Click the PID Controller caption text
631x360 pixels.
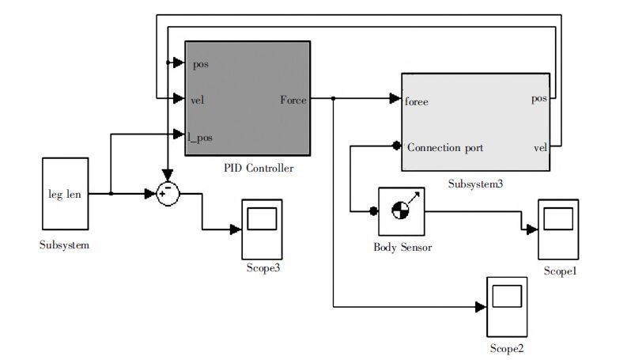tap(259, 168)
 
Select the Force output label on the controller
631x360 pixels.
tap(293, 100)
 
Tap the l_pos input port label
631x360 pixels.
tap(200, 137)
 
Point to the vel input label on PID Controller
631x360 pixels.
tap(198, 100)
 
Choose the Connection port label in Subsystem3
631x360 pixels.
tap(445, 147)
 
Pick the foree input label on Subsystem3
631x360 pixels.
tap(417, 101)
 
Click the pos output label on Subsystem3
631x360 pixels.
tap(538, 99)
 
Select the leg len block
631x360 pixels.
tap(65, 194)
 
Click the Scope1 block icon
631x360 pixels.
tap(560, 229)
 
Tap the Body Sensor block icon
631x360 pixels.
tap(402, 210)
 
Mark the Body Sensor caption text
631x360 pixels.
tap(402, 247)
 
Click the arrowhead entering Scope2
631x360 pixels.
tap(480, 305)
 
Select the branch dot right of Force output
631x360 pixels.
tap(334, 99)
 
